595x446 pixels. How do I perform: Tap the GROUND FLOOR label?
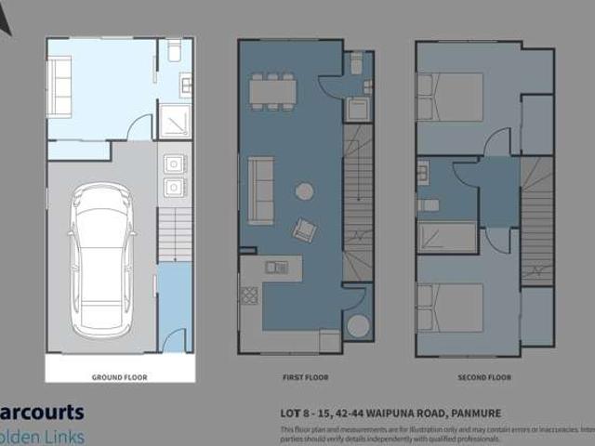[x=119, y=377]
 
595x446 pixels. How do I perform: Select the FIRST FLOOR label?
[x=300, y=377]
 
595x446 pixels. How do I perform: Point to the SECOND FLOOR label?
[x=484, y=377]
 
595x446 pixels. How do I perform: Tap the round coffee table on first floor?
[x=304, y=192]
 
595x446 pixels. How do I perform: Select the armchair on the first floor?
[x=305, y=229]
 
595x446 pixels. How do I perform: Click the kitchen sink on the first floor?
[x=275, y=268]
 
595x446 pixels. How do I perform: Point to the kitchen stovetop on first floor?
[x=248, y=295]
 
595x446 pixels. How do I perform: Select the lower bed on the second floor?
[x=450, y=308]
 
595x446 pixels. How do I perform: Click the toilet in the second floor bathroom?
[x=429, y=204]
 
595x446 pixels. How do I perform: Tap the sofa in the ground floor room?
[x=59, y=85]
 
